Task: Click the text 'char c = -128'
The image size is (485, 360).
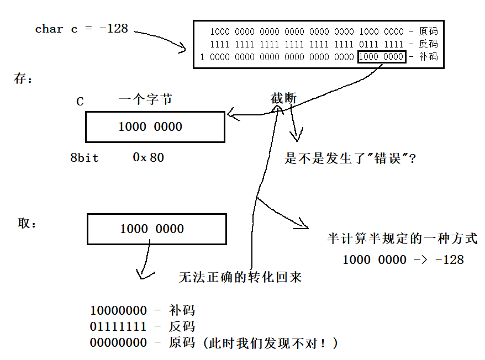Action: coord(81,29)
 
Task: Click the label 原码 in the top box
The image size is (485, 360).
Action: coord(428,31)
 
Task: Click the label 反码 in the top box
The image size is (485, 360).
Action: coord(428,44)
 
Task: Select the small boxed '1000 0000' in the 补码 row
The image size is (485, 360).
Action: coord(382,57)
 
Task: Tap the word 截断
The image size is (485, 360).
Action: coord(283,99)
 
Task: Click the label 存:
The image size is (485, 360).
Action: coord(23,79)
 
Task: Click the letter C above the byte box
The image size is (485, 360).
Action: coord(80,102)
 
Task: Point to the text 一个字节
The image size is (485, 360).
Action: coord(145,99)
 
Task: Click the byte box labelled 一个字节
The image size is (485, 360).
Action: coord(155,127)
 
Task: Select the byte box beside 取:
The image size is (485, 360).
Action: coord(157,229)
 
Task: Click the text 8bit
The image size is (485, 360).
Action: coord(84,158)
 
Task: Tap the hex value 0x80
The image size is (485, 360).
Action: coord(148,157)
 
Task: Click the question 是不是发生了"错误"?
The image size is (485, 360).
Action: coord(350,160)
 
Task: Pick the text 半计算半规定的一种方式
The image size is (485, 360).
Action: coord(402,239)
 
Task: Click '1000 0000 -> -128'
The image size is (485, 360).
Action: coord(403,260)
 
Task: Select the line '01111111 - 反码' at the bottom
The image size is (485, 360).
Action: coord(142,326)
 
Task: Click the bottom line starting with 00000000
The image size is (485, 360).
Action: coord(213,343)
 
